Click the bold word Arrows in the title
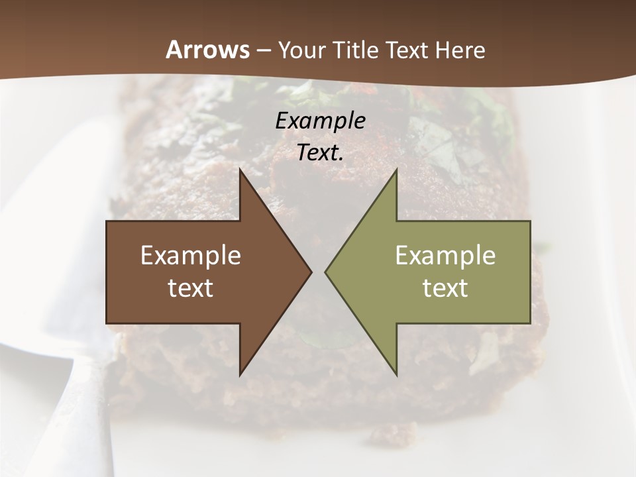(207, 50)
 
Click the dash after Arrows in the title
(263, 51)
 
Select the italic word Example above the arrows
(321, 121)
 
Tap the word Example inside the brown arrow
(191, 256)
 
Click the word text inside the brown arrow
(191, 288)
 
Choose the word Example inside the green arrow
(445, 256)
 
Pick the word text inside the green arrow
(445, 288)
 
